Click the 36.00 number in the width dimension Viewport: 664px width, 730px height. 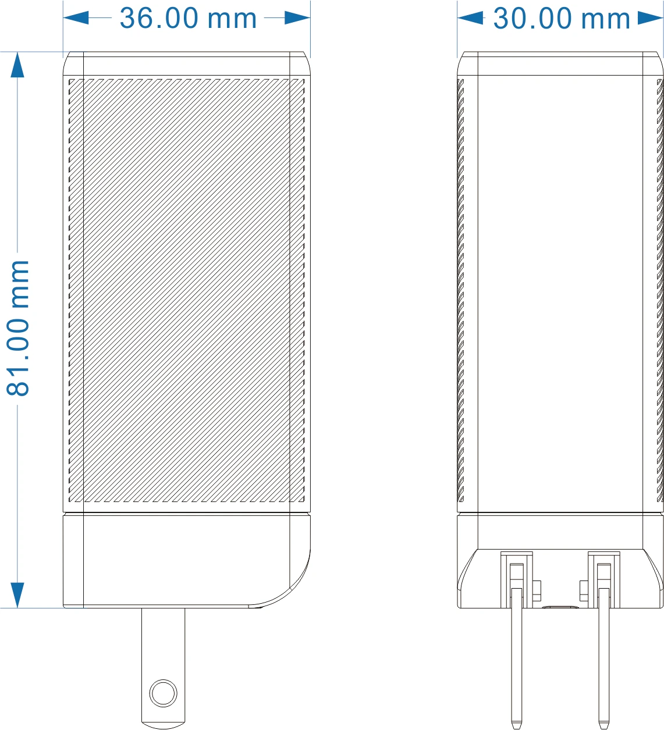click(x=159, y=18)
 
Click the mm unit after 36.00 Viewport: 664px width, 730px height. click(x=232, y=20)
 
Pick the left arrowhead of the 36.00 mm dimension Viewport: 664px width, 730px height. click(x=76, y=17)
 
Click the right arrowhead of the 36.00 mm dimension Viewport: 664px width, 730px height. click(x=297, y=17)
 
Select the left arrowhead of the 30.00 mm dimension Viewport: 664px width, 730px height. click(x=471, y=17)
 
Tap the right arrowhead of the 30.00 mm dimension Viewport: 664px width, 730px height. click(x=651, y=18)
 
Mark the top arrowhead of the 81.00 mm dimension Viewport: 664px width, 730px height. click(x=17, y=65)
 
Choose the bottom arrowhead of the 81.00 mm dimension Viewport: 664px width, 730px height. click(x=17, y=595)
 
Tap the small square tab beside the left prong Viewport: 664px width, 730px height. click(x=537, y=590)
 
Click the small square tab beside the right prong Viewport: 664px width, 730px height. click(x=584, y=590)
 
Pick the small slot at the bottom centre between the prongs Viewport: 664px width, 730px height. click(x=560, y=607)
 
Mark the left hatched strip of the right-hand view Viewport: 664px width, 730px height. click(x=460, y=290)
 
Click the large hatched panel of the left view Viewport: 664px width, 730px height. click(x=186, y=290)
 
